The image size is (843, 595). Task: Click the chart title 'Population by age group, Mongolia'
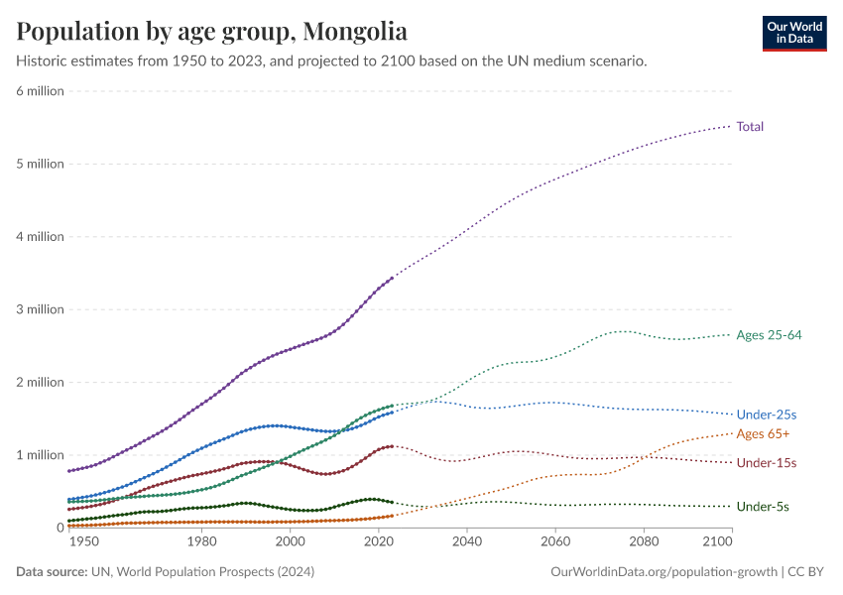coord(211,31)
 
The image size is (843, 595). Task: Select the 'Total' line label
coord(750,126)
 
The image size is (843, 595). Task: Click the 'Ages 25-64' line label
coord(769,335)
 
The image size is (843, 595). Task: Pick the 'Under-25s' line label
coord(765,415)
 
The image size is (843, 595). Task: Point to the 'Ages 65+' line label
coord(763,434)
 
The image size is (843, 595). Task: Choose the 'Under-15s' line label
coord(766,463)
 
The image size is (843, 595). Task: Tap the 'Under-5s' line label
coord(762,507)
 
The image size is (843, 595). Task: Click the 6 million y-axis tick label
coord(40,91)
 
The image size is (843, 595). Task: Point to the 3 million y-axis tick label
coord(40,309)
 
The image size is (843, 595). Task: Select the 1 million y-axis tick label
coord(40,455)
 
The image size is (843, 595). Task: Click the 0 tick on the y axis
coord(60,528)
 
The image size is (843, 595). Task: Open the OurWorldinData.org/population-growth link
coord(662,572)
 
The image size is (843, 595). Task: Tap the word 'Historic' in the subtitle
coord(43,61)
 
